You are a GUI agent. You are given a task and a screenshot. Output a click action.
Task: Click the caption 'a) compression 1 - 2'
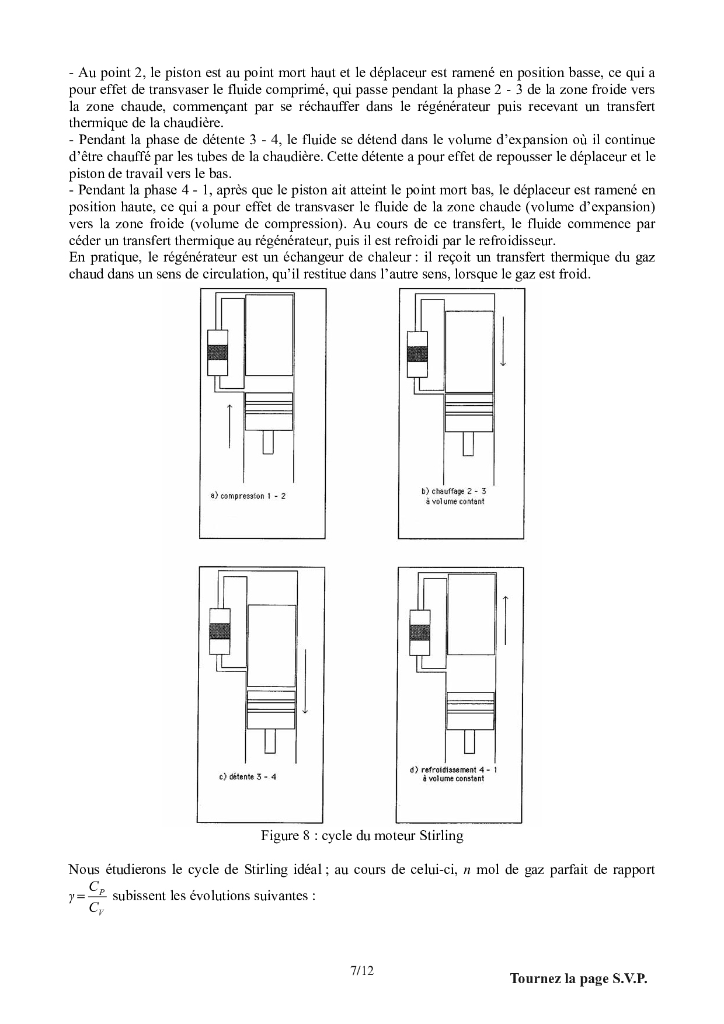pos(248,497)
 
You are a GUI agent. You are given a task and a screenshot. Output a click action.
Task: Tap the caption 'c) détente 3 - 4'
pos(247,777)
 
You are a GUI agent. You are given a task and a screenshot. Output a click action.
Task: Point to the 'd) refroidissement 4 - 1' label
pos(453,770)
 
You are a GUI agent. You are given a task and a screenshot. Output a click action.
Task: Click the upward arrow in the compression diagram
pos(229,426)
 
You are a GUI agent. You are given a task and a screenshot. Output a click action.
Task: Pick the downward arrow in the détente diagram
pos(305,681)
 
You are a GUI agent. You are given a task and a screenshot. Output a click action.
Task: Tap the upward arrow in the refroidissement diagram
pos(506,622)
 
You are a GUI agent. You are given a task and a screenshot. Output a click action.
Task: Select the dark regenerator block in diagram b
pos(417,354)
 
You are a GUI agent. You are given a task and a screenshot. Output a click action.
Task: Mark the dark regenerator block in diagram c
pos(220,631)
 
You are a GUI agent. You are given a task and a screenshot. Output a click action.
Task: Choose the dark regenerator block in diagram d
pos(420,632)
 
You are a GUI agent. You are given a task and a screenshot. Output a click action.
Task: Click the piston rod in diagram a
pos(268,442)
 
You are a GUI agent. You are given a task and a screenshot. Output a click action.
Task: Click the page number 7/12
pos(361,971)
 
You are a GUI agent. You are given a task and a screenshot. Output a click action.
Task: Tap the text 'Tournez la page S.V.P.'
pos(579,978)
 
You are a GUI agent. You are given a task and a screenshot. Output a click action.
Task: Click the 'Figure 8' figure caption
pos(362,835)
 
